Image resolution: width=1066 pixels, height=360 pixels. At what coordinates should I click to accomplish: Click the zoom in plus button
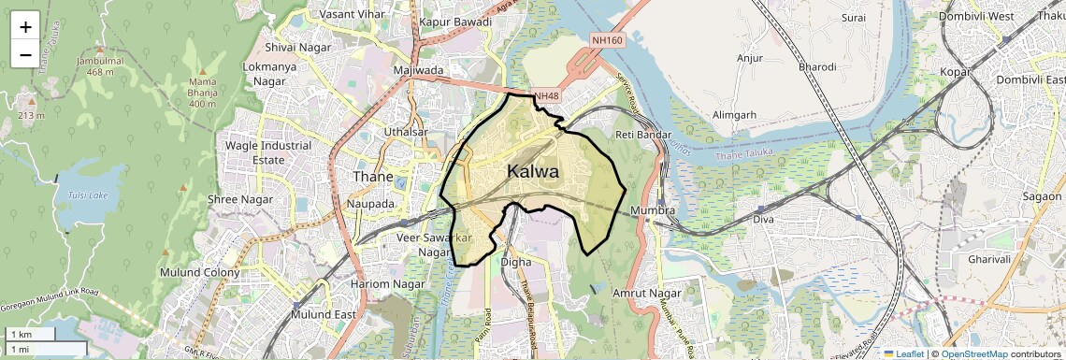click(x=25, y=26)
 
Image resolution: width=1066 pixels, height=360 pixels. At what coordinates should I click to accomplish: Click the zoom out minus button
click(x=25, y=54)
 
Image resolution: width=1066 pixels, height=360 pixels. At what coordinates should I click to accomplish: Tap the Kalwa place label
click(x=533, y=172)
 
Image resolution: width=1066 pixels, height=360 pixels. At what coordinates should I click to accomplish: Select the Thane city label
click(x=373, y=176)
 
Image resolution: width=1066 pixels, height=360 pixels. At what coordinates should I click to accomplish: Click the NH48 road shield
click(x=545, y=96)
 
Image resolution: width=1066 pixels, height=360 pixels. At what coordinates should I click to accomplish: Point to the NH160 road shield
click(x=607, y=40)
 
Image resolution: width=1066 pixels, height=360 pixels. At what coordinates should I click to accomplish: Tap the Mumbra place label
click(x=653, y=210)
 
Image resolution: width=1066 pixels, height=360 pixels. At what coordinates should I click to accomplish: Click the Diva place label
click(x=765, y=220)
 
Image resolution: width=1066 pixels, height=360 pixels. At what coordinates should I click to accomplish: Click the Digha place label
click(x=515, y=262)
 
